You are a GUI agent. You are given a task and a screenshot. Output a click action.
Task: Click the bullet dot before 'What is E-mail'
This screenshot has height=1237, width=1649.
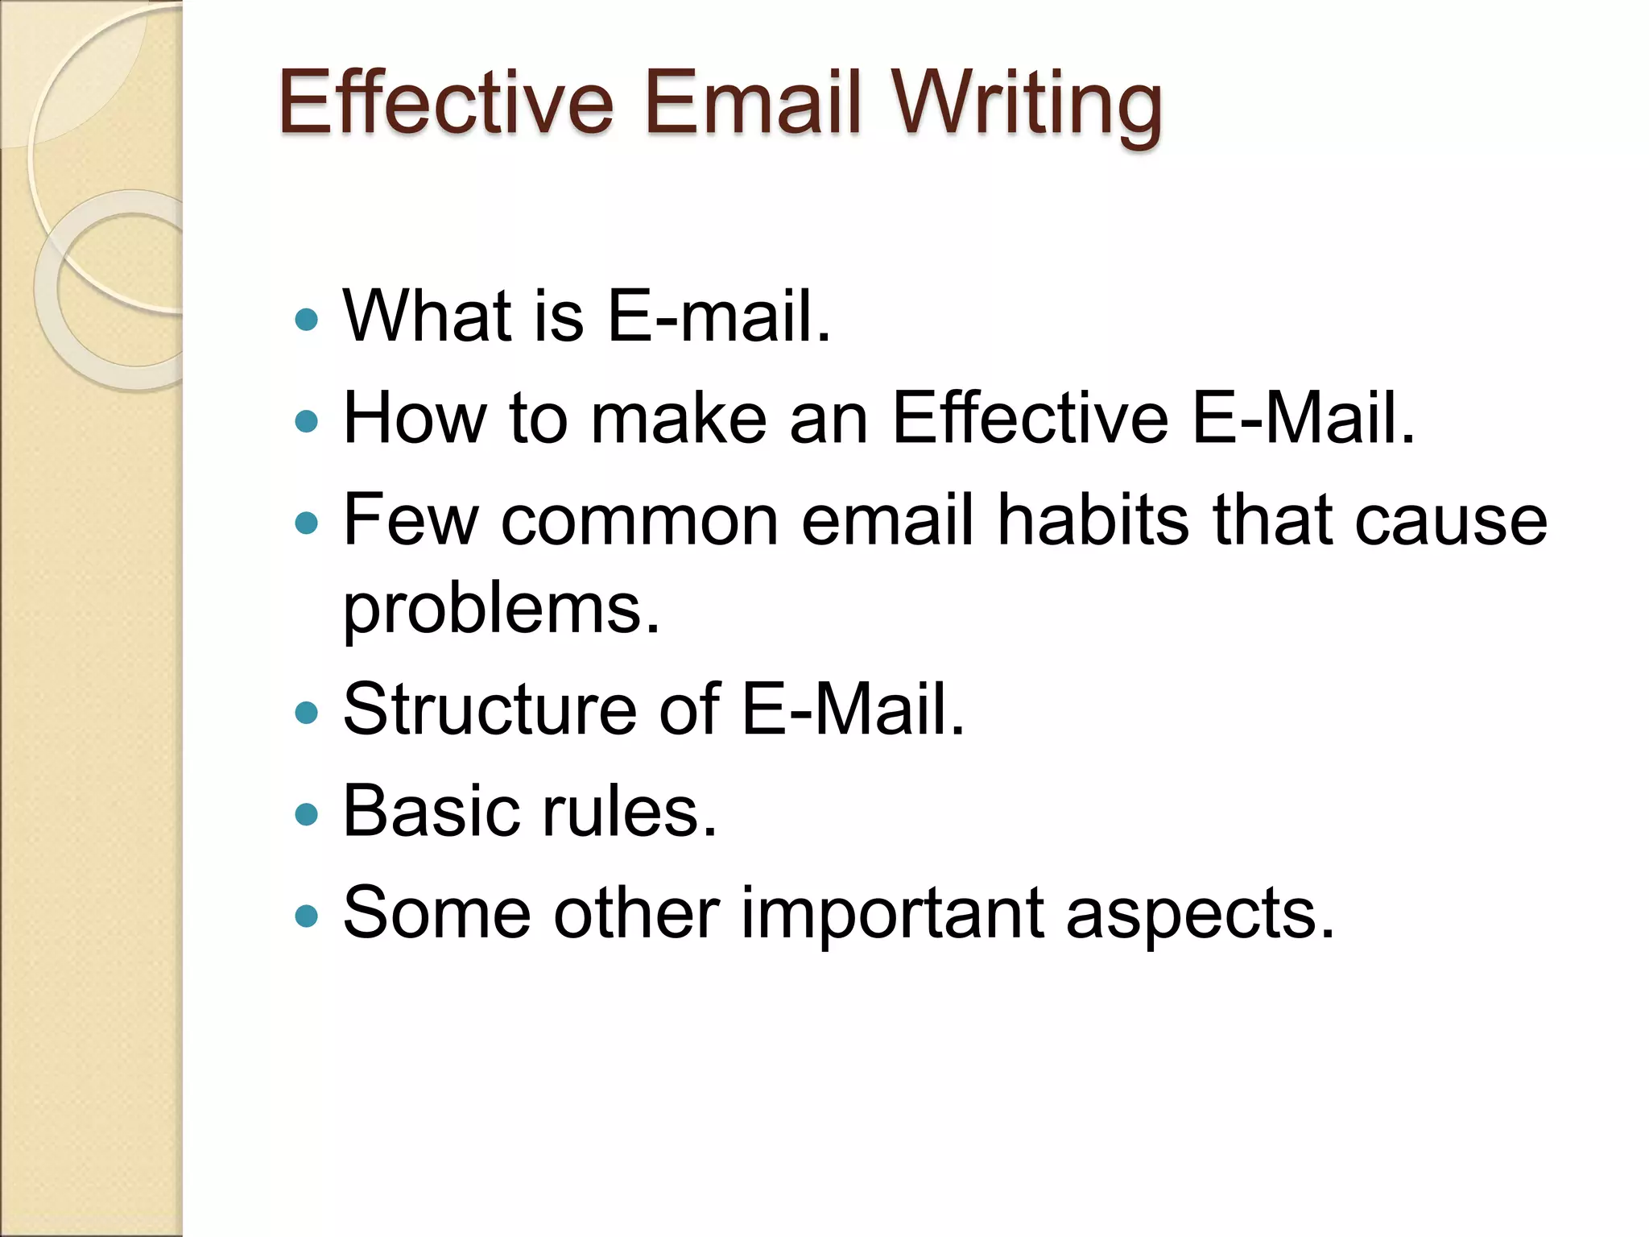307,321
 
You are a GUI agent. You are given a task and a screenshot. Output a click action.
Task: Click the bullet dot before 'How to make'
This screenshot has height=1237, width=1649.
307,420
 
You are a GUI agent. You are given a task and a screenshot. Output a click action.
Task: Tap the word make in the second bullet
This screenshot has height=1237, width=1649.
679,418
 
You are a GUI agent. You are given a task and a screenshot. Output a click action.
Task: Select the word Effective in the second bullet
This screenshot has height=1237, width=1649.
1030,418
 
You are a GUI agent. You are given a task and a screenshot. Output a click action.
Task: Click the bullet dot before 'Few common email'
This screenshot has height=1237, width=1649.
307,524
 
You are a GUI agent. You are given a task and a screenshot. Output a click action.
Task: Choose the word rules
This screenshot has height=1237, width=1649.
629,811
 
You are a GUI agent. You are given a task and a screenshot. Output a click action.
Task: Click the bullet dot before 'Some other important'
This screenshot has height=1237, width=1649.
307,916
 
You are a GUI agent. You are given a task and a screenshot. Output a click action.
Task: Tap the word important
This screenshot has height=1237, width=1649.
891,914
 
